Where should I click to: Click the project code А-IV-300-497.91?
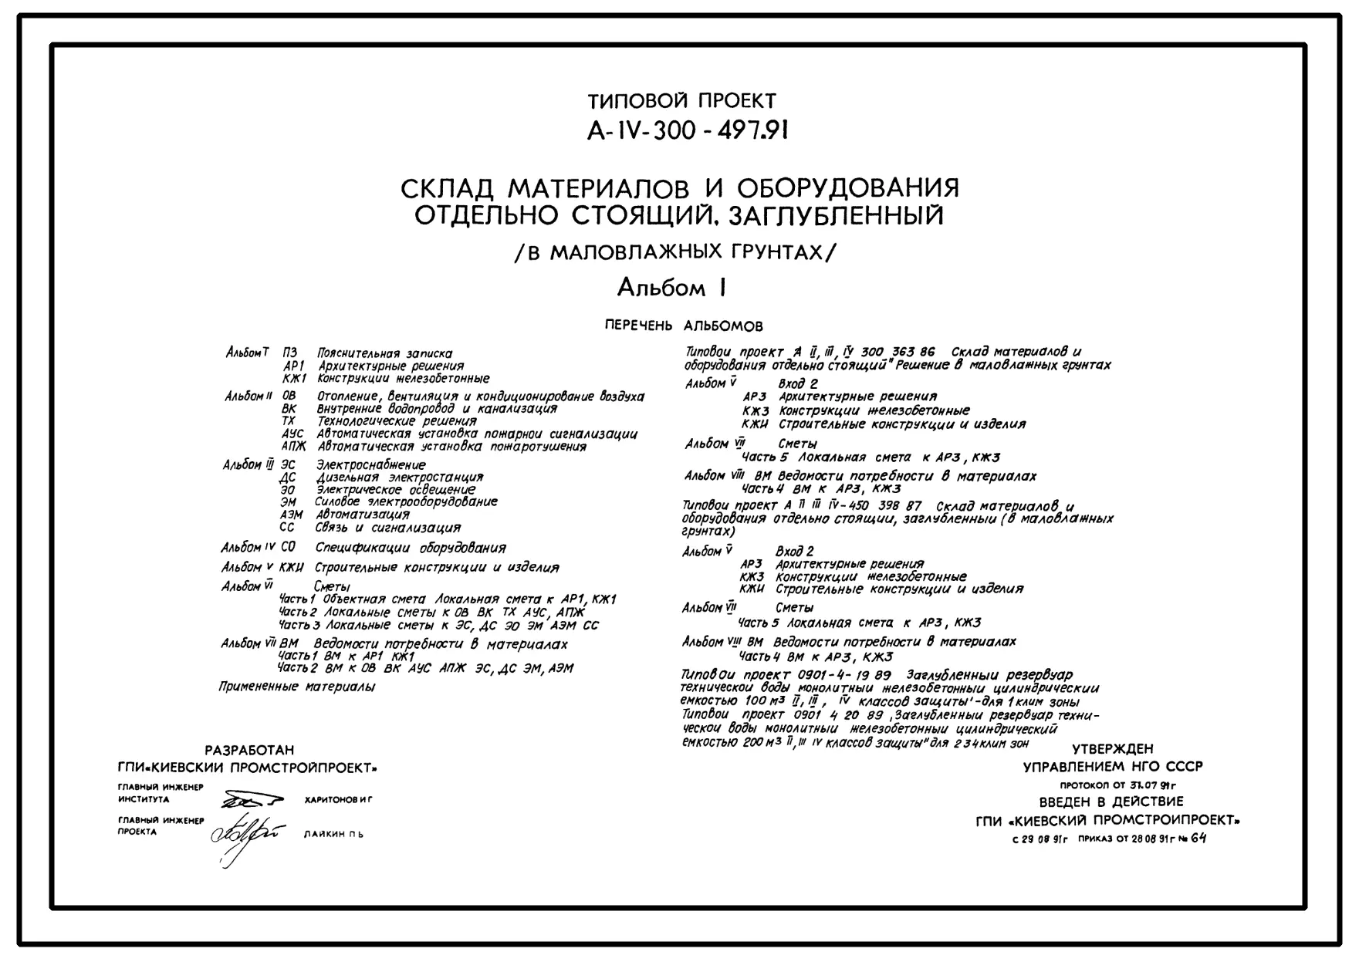(687, 132)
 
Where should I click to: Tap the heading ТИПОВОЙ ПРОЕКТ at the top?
(681, 101)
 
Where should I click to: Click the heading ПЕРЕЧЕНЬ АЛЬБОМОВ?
(684, 326)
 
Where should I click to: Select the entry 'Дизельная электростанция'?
(400, 477)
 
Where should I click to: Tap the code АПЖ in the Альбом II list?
(293, 446)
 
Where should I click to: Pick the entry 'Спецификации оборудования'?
(411, 548)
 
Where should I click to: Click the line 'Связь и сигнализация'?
(387, 528)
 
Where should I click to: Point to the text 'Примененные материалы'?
(297, 687)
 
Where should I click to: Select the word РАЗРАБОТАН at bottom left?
(249, 750)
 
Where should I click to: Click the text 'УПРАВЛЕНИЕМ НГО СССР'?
(1112, 767)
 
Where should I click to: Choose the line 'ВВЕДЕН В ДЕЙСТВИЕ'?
(1111, 802)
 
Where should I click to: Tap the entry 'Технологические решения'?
(397, 421)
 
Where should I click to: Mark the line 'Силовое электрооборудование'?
(406, 501)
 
